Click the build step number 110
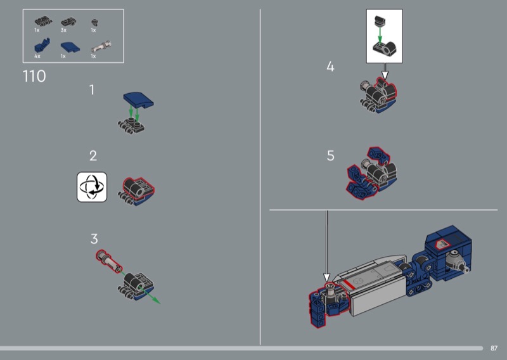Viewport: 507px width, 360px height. pos(34,77)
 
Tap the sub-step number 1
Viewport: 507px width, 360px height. pos(92,89)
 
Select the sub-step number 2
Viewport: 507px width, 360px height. pos(93,156)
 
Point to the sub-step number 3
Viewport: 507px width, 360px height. pos(94,239)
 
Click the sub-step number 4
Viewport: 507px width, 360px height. pos(330,67)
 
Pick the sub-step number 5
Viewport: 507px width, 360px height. pos(330,155)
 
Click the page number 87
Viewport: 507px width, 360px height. pos(494,348)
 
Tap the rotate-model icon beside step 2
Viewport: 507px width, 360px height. pos(92,187)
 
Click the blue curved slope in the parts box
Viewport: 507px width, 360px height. pos(70,47)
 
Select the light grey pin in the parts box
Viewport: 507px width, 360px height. pos(101,46)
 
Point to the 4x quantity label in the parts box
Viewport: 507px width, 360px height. pos(37,56)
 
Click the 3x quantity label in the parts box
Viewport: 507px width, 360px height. pos(63,30)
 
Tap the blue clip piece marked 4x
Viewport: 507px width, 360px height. pos(42,46)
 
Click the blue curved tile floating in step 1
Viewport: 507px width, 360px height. pos(138,100)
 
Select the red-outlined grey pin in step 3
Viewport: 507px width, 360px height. pos(110,260)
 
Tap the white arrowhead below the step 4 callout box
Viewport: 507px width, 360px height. pos(385,75)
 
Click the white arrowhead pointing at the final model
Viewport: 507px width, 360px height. pos(326,278)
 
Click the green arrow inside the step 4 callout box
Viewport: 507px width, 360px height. pos(380,35)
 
